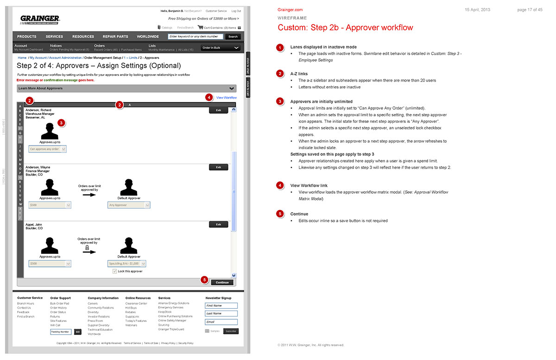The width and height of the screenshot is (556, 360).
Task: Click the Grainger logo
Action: tap(40, 19)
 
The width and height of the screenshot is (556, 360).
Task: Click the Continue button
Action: tap(222, 282)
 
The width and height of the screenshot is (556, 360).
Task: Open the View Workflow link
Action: tap(226, 98)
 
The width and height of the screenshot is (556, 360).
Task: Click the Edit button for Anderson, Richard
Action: tap(219, 110)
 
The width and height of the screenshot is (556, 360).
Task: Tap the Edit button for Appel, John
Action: tap(219, 224)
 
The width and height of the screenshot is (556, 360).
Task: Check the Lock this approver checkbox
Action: tap(115, 271)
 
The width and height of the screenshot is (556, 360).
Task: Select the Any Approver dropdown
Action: tap(128, 205)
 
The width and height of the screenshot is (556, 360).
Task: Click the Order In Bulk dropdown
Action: tap(221, 48)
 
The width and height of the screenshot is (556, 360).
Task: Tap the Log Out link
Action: tap(236, 11)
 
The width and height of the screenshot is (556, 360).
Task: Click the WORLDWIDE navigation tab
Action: tap(148, 37)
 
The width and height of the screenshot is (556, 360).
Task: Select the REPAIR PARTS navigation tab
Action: tap(115, 37)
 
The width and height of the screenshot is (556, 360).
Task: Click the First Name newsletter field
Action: tap(221, 306)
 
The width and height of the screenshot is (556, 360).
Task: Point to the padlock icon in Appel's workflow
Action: tap(87, 248)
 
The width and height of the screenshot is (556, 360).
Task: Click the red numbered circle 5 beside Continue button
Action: tap(204, 279)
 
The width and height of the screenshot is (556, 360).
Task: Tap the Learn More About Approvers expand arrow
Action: tap(232, 88)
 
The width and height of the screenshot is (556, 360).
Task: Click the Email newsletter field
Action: tap(221, 322)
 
